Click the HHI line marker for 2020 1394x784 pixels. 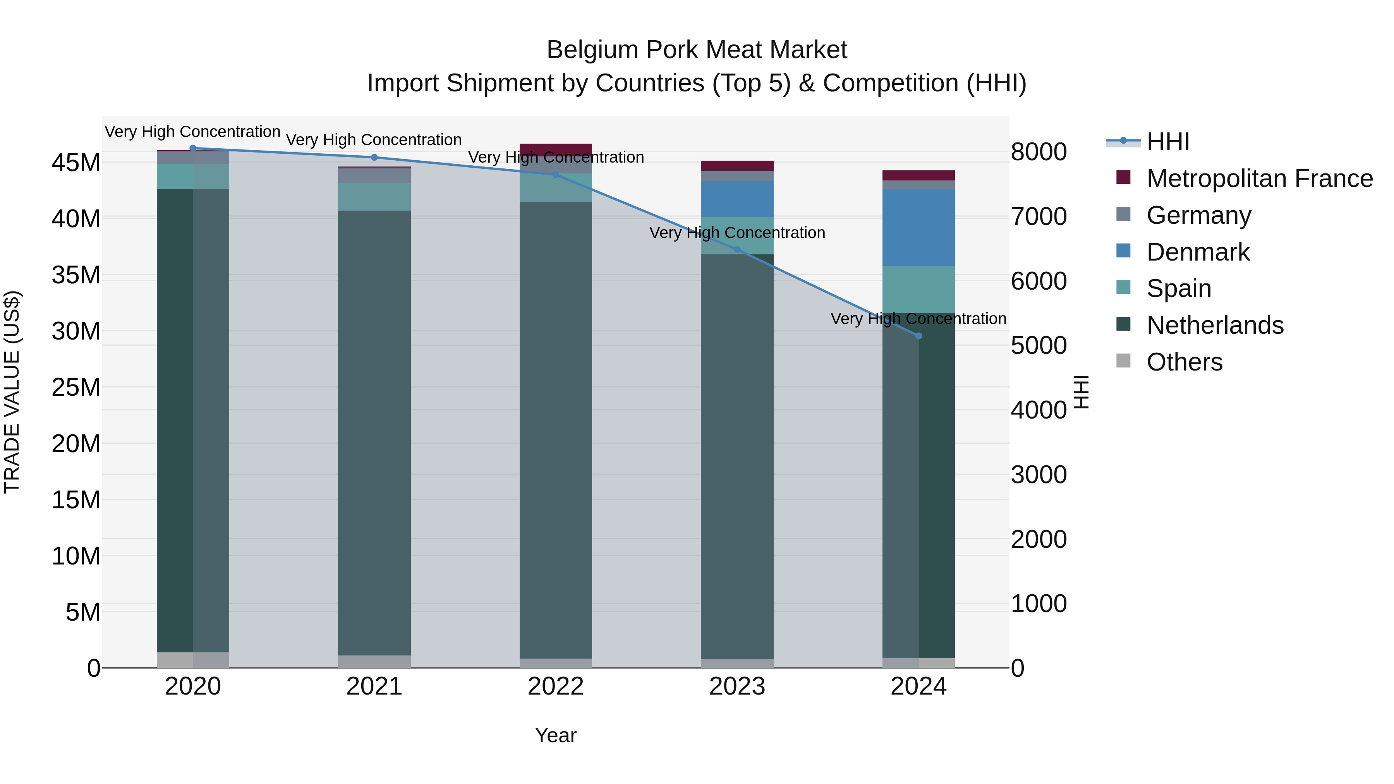(x=193, y=148)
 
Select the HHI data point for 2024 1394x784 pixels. (x=918, y=336)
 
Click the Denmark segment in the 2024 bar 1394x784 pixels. (x=918, y=227)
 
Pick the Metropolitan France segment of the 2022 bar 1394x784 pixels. (x=556, y=150)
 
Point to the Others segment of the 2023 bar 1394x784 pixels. (x=737, y=663)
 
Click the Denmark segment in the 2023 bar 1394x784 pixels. (x=737, y=199)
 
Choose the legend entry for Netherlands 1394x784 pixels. (x=1215, y=325)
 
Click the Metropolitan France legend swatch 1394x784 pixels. (x=1123, y=177)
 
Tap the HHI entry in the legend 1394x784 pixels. (x=1168, y=142)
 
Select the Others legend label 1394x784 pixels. (x=1184, y=362)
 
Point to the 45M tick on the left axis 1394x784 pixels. (x=76, y=162)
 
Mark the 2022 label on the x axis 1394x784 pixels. (x=556, y=686)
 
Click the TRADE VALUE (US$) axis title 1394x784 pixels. (x=12, y=392)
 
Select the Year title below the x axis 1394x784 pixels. (x=556, y=735)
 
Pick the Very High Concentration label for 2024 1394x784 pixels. (x=918, y=319)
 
